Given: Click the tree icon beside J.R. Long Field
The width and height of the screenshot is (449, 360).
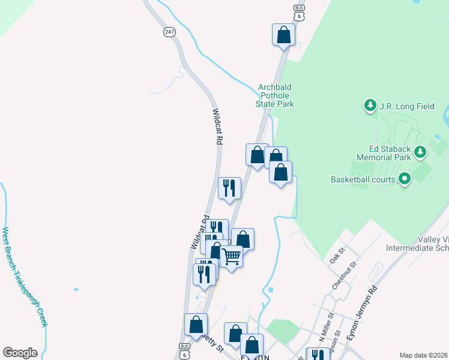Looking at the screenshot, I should click(370, 106).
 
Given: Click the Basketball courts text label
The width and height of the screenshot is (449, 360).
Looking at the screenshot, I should click(363, 179).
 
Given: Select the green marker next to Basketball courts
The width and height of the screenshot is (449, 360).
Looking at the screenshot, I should click(405, 178).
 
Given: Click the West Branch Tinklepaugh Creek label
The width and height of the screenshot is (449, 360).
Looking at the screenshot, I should click(24, 276).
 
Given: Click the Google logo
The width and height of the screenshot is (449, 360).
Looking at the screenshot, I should click(20, 353).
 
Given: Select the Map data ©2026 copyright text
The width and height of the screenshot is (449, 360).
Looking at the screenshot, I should click(423, 355).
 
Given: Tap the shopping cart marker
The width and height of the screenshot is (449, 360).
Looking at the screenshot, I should click(231, 257).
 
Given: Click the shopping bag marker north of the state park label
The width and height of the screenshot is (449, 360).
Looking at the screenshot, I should click(283, 35).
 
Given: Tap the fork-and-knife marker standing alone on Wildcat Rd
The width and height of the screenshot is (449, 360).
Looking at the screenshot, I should click(229, 188).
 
